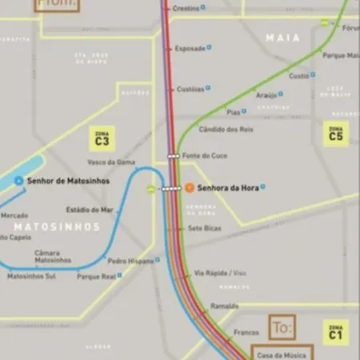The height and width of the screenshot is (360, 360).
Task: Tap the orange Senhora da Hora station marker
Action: click(189, 188)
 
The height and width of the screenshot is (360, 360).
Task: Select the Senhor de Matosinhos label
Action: click(68, 181)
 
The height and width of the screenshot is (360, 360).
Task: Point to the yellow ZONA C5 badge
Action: click(336, 134)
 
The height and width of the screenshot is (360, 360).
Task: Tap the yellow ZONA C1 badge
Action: click(335, 331)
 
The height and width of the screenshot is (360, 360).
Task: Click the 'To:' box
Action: click(282, 326)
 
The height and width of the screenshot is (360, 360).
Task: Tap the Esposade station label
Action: click(190, 48)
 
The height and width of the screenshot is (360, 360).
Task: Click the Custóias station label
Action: click(190, 89)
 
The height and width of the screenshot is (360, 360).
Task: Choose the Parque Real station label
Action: click(96, 276)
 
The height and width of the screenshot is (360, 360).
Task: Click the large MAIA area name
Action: click(283, 38)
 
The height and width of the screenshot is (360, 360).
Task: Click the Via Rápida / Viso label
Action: click(221, 273)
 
